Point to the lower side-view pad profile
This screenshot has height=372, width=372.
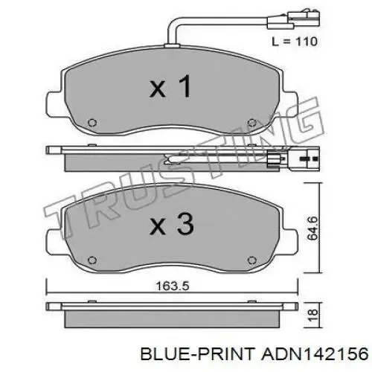tap(171, 312)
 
